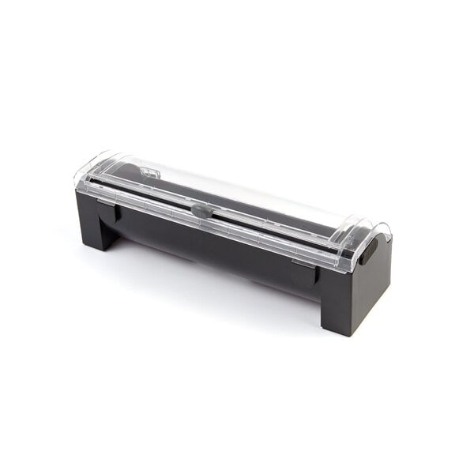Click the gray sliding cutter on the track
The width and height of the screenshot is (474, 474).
pos(201,211)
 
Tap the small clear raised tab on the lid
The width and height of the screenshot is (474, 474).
pos(145,171)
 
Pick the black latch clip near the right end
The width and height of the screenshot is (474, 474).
pos(303,273)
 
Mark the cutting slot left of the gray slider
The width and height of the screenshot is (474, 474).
pos(150,197)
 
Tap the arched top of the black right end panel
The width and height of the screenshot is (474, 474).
pos(382,231)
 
